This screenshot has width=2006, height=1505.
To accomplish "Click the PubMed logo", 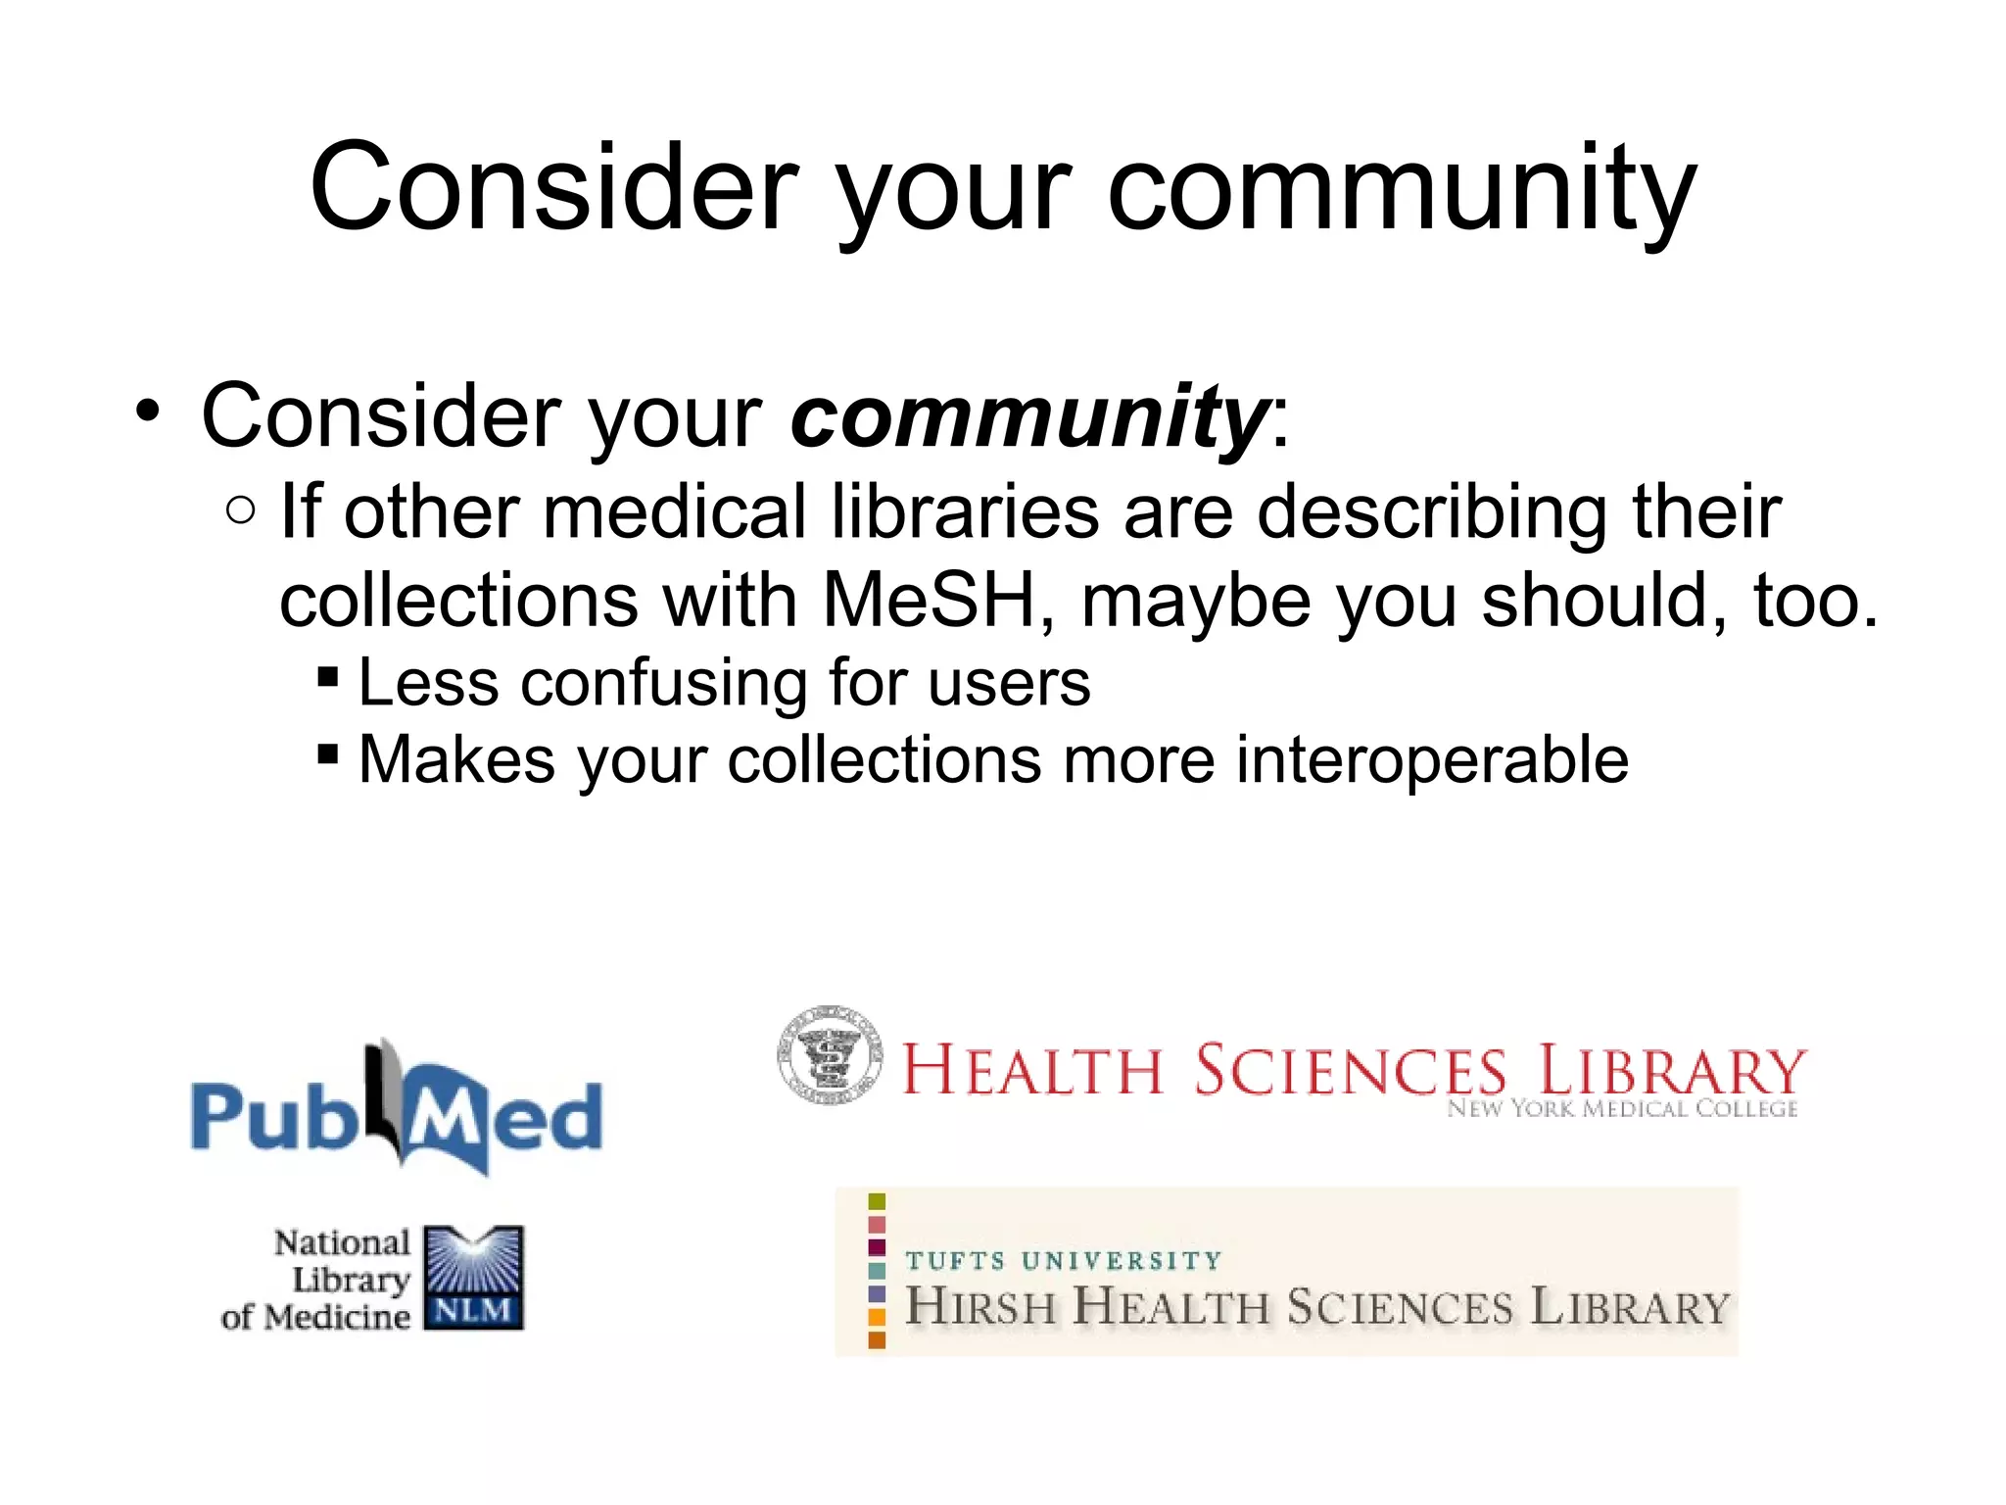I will [x=397, y=1112].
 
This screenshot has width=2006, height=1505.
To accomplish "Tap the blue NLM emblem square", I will [x=473, y=1277].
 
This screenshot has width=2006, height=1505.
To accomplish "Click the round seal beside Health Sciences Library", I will [x=830, y=1055].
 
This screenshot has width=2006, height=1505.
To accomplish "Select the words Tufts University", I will [x=1063, y=1260].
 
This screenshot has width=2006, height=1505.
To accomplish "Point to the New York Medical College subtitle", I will [x=1622, y=1109].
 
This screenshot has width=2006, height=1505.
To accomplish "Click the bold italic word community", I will [x=1028, y=416].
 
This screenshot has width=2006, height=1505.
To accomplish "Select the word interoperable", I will [x=1432, y=760].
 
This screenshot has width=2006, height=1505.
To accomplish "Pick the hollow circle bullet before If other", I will [x=240, y=510].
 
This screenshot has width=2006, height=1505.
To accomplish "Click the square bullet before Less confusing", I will [x=328, y=677].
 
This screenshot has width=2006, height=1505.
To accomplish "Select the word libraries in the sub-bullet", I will [x=965, y=511].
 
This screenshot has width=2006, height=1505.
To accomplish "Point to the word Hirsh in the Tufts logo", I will [x=979, y=1307].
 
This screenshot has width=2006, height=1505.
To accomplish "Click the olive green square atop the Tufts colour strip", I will [x=877, y=1201].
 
